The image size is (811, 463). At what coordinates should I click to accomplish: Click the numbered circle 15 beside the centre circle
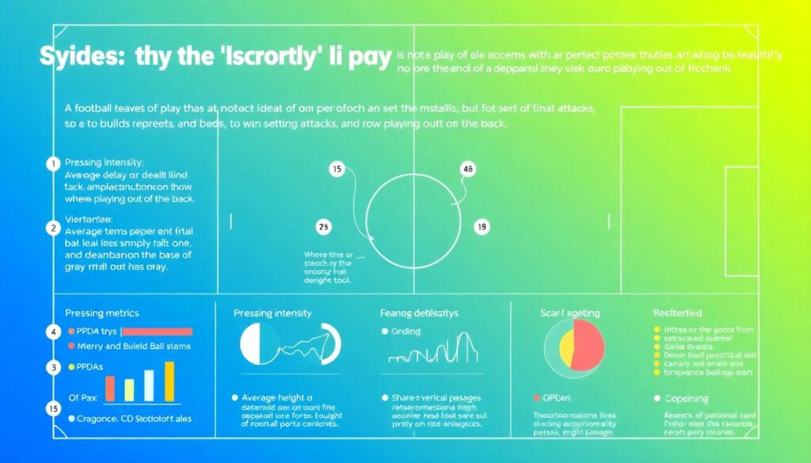point(337,169)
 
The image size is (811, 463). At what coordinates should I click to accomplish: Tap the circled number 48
point(466,169)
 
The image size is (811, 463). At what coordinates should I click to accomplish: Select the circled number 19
point(481,227)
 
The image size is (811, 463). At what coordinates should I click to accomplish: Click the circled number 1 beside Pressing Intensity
point(53,164)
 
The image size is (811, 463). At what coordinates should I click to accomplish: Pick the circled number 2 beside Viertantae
point(53,229)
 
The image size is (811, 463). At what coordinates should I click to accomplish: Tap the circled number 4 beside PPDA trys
point(53,332)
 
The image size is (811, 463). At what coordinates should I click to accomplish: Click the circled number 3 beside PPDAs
point(53,367)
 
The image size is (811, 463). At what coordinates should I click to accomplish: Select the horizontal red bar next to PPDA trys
point(155,332)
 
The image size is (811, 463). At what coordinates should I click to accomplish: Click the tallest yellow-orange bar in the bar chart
point(169,381)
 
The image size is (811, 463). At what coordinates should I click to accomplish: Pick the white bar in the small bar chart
point(148,385)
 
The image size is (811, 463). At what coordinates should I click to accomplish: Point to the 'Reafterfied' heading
point(678,313)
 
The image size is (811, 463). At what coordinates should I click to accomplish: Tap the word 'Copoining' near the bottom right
point(687,399)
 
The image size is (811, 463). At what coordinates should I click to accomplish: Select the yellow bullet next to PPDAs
point(71,367)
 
